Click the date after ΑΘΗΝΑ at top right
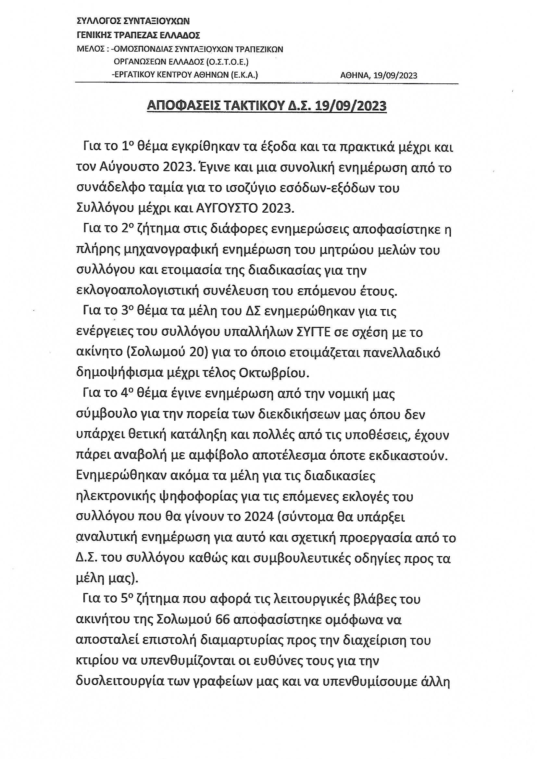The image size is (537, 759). click(x=395, y=75)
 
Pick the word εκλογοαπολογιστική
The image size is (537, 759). click(x=137, y=291)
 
